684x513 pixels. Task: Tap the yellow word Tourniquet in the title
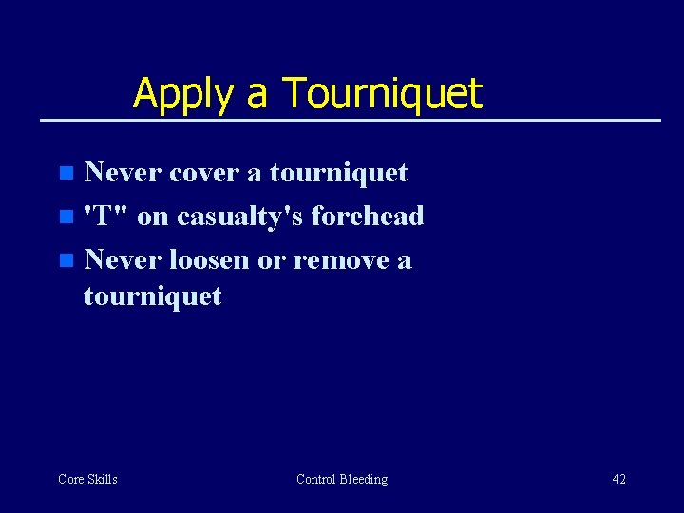pyautogui.click(x=383, y=93)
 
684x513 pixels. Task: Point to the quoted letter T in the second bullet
pyautogui.click(x=95, y=217)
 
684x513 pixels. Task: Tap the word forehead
pyautogui.click(x=368, y=217)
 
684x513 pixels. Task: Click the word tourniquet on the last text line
pyautogui.click(x=152, y=296)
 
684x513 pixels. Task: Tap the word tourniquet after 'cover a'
pyautogui.click(x=338, y=173)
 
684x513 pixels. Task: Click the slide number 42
pyautogui.click(x=618, y=479)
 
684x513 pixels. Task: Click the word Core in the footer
pyautogui.click(x=71, y=479)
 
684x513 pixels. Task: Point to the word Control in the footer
pyautogui.click(x=316, y=479)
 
